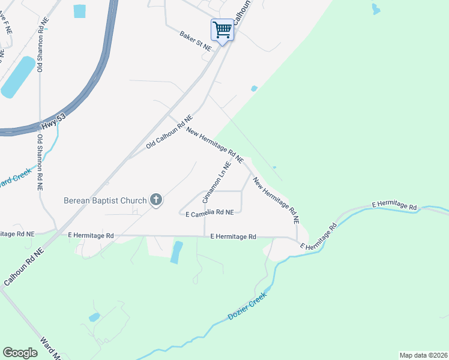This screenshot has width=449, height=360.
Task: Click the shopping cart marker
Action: [x=222, y=29]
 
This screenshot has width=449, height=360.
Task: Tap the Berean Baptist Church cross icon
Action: [x=156, y=200]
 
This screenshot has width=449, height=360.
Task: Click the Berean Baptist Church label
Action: [x=106, y=200]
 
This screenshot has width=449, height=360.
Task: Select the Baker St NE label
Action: [x=196, y=40]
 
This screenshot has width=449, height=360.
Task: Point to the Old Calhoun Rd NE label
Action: [x=169, y=133]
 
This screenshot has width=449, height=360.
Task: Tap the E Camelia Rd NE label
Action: [x=209, y=213]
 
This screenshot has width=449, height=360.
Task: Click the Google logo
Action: [x=20, y=353]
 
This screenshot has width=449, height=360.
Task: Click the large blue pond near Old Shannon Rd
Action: [x=19, y=77]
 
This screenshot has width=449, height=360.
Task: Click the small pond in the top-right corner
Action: [x=376, y=9]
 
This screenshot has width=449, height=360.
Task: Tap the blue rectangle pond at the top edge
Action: [x=79, y=11]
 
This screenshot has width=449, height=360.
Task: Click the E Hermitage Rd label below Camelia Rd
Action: [x=234, y=237]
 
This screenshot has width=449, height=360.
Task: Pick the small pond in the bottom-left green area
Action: [x=94, y=317]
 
